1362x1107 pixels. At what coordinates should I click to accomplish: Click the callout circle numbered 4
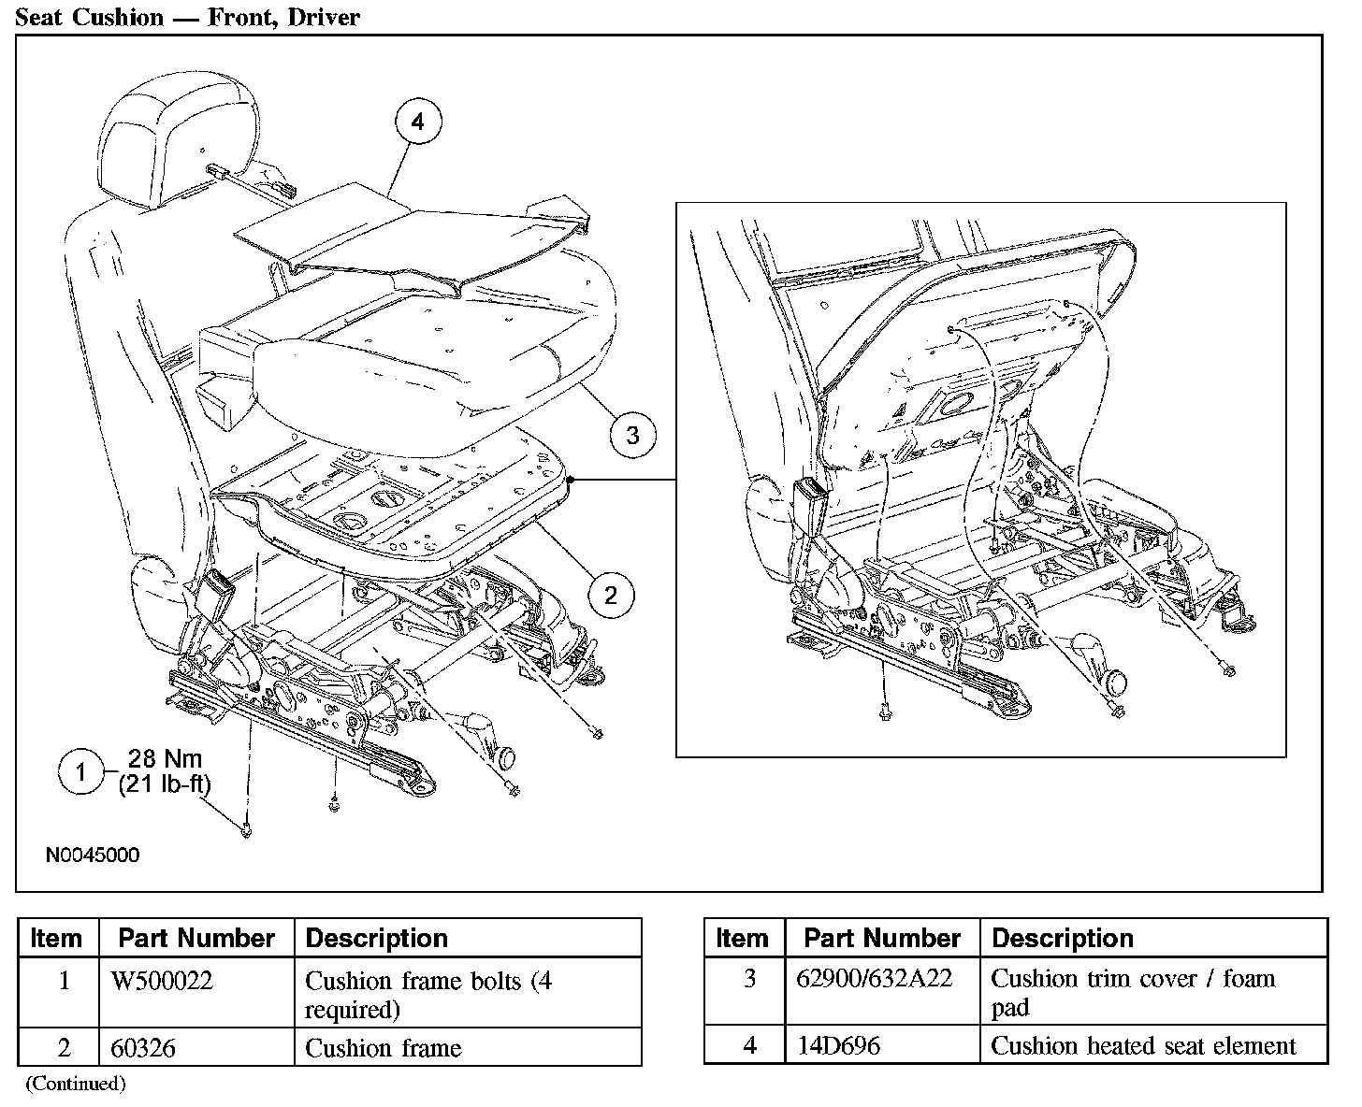pos(417,122)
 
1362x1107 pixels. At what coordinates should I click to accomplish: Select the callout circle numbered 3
pos(632,435)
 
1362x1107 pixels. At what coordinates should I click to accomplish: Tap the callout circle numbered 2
pos(611,595)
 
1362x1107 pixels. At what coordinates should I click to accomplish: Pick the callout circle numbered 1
pos(81,772)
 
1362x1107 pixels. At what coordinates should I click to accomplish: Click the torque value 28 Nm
pos(166,759)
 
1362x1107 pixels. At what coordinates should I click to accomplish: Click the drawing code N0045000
pos(93,855)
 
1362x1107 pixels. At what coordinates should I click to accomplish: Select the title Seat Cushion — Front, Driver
pos(187,17)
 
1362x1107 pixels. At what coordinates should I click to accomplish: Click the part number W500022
pos(162,981)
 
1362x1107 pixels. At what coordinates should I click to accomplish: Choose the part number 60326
pos(143,1048)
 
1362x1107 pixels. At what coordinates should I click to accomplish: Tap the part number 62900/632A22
pos(874,978)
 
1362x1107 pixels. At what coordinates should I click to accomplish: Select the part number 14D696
pos(837,1045)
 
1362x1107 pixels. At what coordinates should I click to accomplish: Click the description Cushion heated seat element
pos(1143,1045)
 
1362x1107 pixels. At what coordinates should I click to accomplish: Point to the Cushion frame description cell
pos(384,1048)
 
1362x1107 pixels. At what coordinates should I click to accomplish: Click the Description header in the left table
pos(377,938)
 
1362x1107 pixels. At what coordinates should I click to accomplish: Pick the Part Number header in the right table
pos(882,938)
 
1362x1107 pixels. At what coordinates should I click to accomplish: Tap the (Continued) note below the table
pos(75,1084)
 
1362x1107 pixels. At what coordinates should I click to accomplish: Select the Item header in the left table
pos(56,938)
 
